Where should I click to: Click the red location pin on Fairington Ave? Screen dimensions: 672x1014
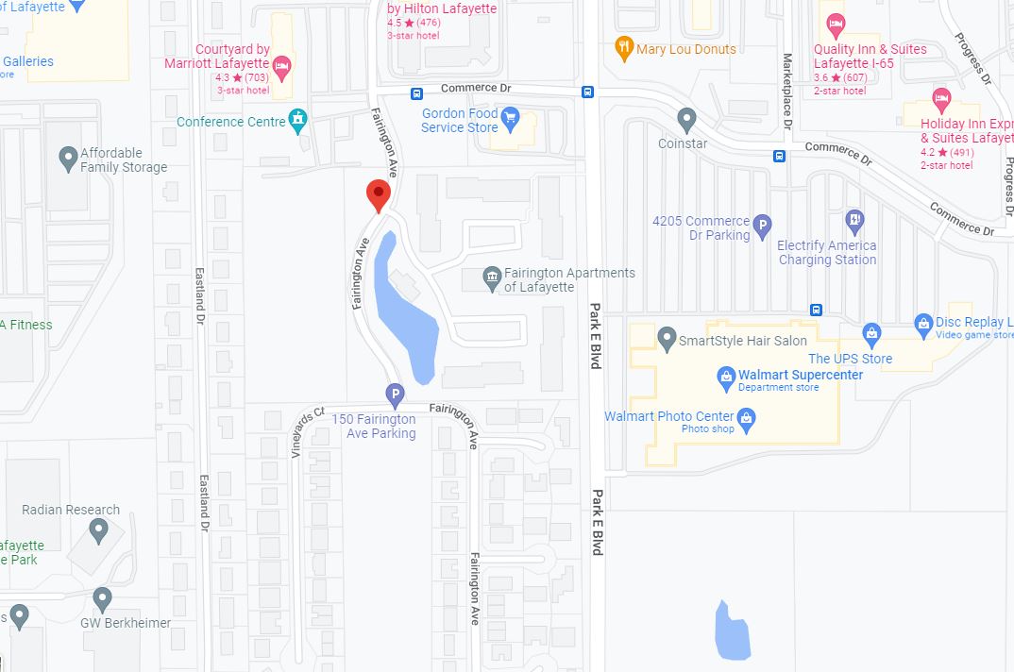tap(379, 194)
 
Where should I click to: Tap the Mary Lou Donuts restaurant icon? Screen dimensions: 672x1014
tap(623, 48)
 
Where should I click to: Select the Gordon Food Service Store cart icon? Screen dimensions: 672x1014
tap(511, 118)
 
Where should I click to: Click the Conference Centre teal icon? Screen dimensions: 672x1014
tap(298, 119)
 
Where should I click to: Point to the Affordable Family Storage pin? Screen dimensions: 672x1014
tap(68, 158)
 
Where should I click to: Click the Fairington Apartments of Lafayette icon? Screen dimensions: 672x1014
tap(491, 277)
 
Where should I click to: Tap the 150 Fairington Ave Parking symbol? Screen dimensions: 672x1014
tap(395, 395)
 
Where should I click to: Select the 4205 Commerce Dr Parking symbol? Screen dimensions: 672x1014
tap(763, 227)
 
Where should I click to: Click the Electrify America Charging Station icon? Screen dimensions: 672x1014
tap(853, 222)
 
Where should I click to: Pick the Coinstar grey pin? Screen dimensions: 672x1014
tap(687, 120)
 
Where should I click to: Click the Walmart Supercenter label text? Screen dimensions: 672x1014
tap(801, 375)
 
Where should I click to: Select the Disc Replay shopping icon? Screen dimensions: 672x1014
tap(923, 324)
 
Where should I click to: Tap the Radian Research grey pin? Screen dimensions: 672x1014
tap(99, 530)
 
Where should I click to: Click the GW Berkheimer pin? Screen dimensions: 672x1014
tap(103, 598)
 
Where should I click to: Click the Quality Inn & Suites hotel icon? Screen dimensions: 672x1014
tap(835, 25)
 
